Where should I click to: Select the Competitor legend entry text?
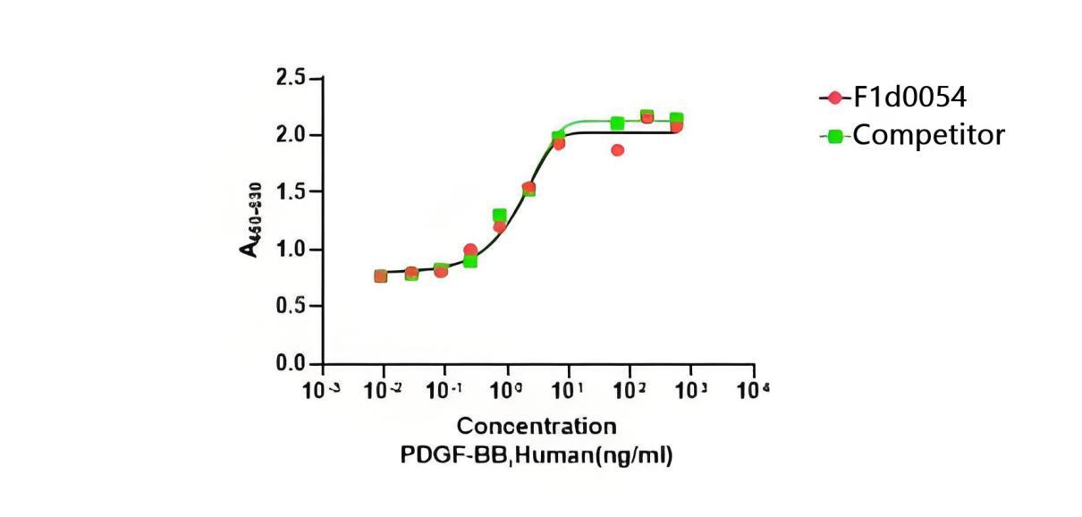[x=928, y=136]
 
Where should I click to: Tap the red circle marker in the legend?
[x=834, y=97]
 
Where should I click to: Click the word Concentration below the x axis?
[x=537, y=426]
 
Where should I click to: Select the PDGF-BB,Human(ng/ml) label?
[x=536, y=454]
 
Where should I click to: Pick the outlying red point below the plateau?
[x=617, y=149]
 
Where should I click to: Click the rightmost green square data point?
[x=677, y=119]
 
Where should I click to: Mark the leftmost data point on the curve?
[x=381, y=275]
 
